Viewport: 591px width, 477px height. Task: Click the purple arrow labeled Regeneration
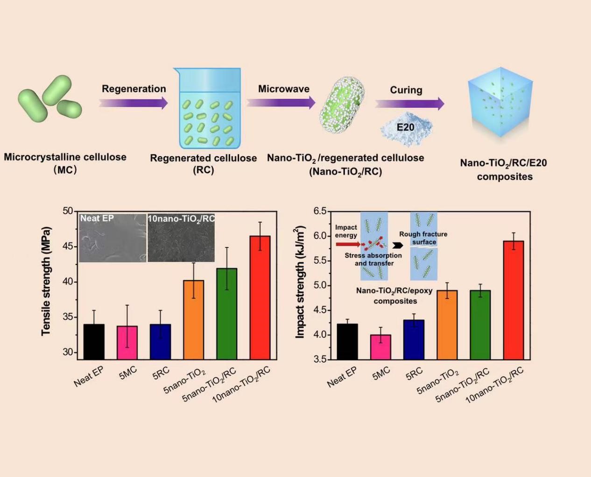tap(134, 103)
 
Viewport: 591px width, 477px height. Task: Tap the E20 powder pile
tap(406, 127)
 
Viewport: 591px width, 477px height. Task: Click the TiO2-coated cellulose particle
tap(342, 105)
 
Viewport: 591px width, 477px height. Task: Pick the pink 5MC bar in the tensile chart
tap(127, 343)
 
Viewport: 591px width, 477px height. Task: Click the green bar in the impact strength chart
tap(480, 324)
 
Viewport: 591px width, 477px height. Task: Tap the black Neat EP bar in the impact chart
tap(347, 341)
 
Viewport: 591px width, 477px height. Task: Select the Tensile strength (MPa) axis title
tap(45, 281)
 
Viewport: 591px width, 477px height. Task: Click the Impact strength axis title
tap(300, 281)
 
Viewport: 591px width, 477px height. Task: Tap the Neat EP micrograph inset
tap(113, 238)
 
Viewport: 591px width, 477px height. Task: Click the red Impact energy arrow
tap(347, 244)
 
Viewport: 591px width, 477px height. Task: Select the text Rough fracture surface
tap(423, 238)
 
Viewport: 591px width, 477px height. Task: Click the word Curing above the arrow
tap(406, 90)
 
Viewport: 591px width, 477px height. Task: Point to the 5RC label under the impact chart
tap(414, 373)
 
